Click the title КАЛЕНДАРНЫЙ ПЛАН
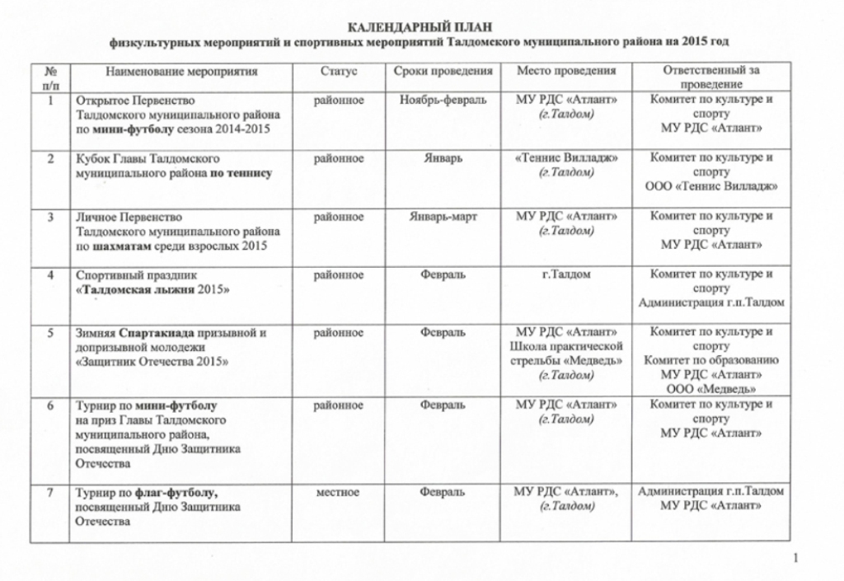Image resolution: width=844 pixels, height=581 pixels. [421, 27]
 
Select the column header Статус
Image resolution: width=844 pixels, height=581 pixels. [339, 72]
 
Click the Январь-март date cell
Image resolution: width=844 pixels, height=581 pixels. [443, 217]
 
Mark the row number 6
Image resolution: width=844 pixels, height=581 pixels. [51, 405]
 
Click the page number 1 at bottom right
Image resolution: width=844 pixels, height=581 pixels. [795, 560]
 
